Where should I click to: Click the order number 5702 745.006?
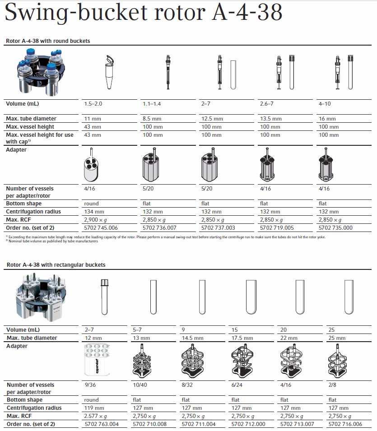pos(101,228)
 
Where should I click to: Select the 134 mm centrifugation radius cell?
pos(94,212)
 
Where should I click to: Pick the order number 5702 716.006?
pos(346,424)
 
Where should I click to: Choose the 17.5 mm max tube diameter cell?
pos(242,338)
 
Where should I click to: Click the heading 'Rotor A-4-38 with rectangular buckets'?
pos(56,265)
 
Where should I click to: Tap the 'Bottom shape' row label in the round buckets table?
pos(24,204)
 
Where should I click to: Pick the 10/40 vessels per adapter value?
pos(140,385)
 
